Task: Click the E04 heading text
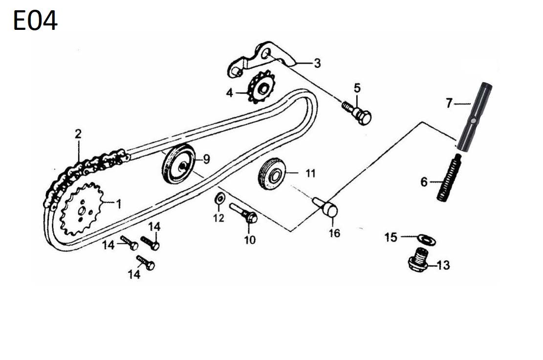(x=35, y=21)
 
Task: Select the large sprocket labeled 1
(x=81, y=209)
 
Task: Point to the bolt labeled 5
(x=360, y=113)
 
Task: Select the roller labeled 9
(x=178, y=164)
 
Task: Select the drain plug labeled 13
(x=417, y=259)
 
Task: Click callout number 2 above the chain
(x=78, y=134)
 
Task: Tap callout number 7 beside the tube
(x=449, y=103)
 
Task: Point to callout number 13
(x=443, y=266)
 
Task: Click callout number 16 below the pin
(x=334, y=233)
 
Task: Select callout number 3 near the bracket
(x=317, y=63)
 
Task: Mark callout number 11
(x=311, y=173)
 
